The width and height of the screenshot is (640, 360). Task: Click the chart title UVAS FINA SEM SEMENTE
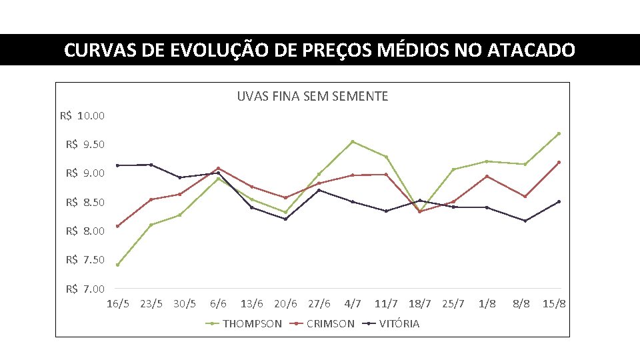click(x=312, y=97)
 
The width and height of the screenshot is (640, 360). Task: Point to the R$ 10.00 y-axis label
click(x=82, y=116)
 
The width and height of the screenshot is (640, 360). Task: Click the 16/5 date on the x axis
click(x=119, y=304)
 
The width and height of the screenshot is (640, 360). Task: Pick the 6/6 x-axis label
click(x=218, y=304)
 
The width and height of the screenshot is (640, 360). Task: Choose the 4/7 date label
click(x=353, y=304)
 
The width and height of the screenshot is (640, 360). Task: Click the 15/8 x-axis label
click(x=554, y=304)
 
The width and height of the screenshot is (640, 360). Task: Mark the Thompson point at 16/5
click(x=118, y=265)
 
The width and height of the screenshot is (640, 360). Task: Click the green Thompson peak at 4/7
click(x=352, y=141)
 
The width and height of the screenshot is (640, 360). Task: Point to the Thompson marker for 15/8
click(x=559, y=133)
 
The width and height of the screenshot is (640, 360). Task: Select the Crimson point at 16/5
click(x=118, y=226)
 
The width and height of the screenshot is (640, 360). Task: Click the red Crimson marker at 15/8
click(x=559, y=162)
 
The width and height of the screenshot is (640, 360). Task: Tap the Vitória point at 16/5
click(x=118, y=165)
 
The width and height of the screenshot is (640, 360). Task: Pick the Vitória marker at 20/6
click(x=285, y=219)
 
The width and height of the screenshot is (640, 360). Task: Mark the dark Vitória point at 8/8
click(x=525, y=221)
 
